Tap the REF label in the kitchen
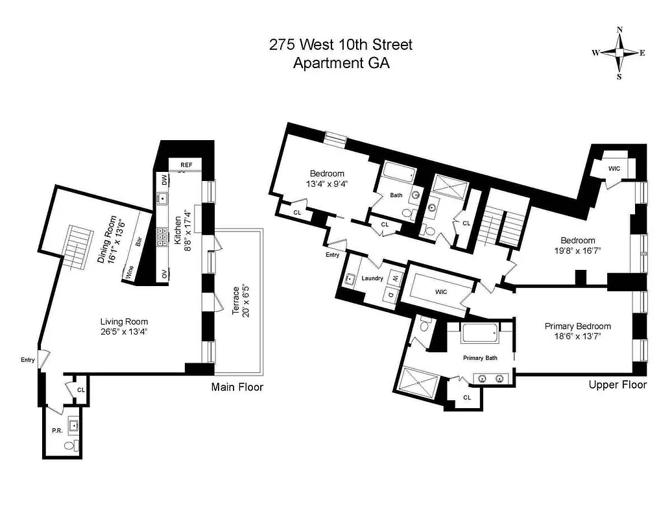point(186,165)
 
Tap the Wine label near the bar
point(130,271)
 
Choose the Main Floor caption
point(237,387)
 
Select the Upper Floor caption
point(618,385)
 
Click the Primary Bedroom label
point(577,326)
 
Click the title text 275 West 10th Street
point(341,45)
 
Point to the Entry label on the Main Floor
point(28,360)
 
